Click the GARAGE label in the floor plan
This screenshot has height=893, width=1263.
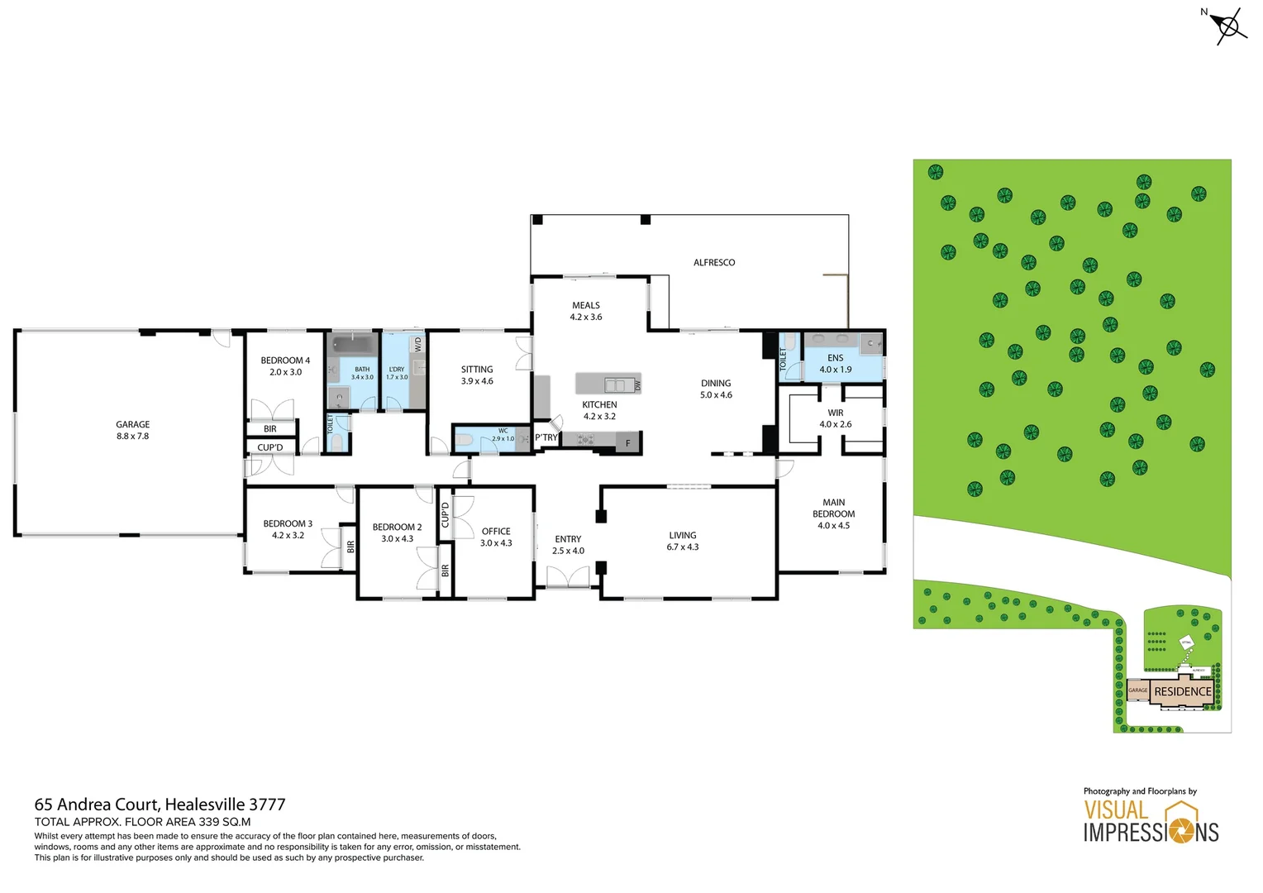tap(132, 424)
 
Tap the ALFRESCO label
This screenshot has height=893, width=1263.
tap(713, 262)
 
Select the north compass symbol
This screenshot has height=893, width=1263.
tap(1228, 26)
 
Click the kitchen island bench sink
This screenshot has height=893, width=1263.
tap(614, 384)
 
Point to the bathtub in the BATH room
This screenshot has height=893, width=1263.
tap(354, 344)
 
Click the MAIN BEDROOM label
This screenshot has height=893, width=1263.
tap(833, 508)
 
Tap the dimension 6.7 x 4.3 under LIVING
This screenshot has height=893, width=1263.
tap(683, 547)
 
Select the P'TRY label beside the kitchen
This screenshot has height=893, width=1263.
tap(546, 437)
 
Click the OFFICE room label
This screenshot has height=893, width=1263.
tap(496, 532)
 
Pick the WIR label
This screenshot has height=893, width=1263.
tap(835, 413)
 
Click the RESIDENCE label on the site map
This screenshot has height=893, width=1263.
tap(1182, 692)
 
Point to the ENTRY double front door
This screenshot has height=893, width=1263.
tap(568, 577)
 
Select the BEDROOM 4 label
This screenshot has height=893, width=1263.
tap(285, 361)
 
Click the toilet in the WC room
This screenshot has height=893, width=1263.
tap(464, 440)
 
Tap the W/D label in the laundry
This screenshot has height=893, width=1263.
tap(417, 344)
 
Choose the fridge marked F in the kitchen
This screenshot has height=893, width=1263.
tap(628, 443)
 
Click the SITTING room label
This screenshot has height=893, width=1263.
tap(477, 370)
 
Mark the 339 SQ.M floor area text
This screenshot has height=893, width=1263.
tap(224, 822)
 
